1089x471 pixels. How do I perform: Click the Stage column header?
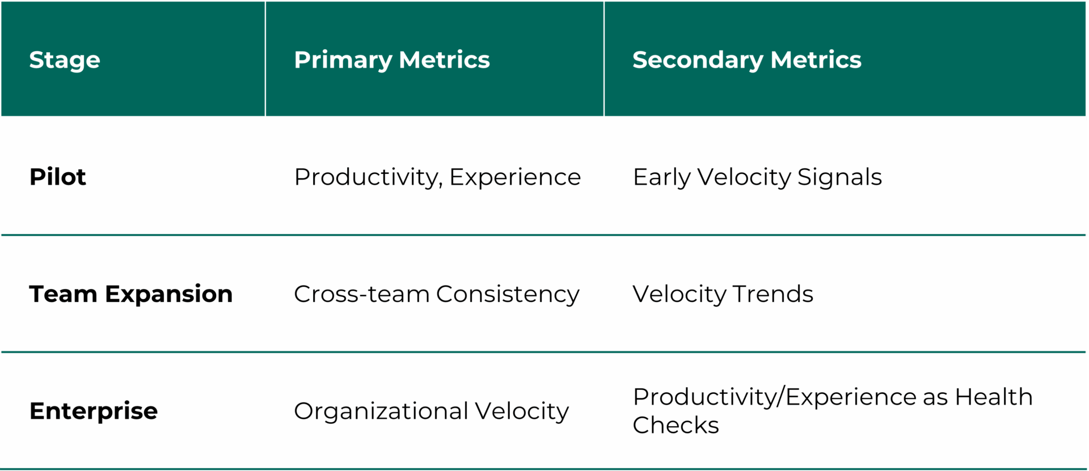click(x=65, y=60)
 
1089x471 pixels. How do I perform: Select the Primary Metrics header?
click(x=391, y=60)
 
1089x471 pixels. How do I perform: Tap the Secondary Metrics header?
click(x=746, y=60)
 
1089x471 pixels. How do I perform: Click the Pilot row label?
click(x=57, y=177)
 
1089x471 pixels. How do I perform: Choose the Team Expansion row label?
click(x=130, y=294)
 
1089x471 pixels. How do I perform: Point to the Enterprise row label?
click(x=94, y=411)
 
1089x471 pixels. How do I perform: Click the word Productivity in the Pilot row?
click(x=368, y=177)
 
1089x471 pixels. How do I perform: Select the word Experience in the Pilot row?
click(x=515, y=177)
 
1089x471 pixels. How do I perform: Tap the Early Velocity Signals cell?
click(x=757, y=177)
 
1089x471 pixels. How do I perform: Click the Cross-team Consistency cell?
click(x=436, y=294)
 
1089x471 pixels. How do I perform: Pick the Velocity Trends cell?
click(x=723, y=294)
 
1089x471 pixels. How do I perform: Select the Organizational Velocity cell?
click(x=431, y=411)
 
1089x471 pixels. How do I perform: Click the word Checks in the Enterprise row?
click(x=676, y=425)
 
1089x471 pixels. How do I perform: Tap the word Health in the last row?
click(x=993, y=397)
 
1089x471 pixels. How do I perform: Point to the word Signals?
click(x=839, y=177)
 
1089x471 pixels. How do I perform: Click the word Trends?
click(x=773, y=294)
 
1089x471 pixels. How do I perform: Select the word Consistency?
click(x=508, y=294)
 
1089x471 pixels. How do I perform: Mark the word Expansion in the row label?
click(x=168, y=294)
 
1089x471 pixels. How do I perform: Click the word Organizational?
click(x=381, y=411)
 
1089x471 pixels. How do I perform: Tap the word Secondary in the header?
click(x=698, y=60)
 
